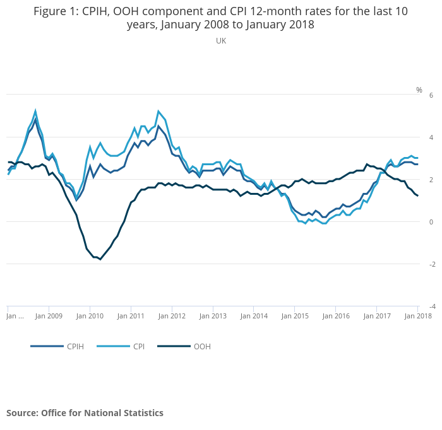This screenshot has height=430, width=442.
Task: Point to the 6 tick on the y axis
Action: [431, 95]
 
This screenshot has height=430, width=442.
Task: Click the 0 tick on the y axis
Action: [431, 222]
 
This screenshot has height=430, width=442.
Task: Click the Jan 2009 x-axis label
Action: [49, 316]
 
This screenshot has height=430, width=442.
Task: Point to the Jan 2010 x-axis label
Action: [90, 316]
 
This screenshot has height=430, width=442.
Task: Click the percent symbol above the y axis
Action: [419, 90]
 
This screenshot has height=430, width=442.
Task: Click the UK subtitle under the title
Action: [221, 41]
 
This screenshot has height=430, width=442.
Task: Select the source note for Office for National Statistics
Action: [85, 413]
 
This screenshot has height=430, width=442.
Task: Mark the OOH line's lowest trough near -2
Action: [100, 259]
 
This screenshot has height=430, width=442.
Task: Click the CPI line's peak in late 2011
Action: [158, 112]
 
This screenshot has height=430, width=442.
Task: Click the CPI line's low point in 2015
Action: [306, 224]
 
